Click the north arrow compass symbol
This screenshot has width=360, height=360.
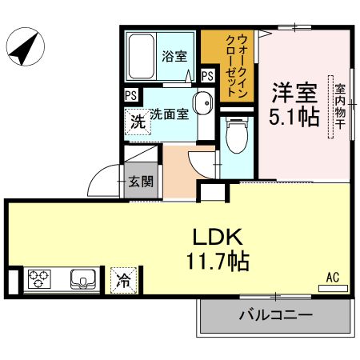[26, 46]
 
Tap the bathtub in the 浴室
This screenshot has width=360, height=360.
[142, 57]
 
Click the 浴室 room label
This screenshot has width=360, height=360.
[174, 56]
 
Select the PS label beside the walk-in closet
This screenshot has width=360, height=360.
[208, 76]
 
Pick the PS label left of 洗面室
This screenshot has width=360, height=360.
[131, 95]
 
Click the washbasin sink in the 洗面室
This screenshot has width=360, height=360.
[203, 103]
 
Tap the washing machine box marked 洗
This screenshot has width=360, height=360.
[138, 122]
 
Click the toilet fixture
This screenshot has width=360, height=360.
[237, 135]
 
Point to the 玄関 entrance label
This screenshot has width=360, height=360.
[141, 182]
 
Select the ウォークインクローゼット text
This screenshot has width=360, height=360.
[237, 66]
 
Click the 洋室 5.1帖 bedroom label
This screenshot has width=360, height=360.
[294, 105]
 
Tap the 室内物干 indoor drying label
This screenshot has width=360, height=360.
[340, 106]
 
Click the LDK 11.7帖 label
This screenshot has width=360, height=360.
[218, 249]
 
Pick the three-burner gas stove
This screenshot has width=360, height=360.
[39, 279]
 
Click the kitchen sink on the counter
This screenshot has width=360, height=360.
[83, 279]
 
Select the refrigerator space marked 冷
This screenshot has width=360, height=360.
[124, 281]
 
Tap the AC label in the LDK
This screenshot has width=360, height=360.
[333, 278]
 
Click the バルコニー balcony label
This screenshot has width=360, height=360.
[276, 315]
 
